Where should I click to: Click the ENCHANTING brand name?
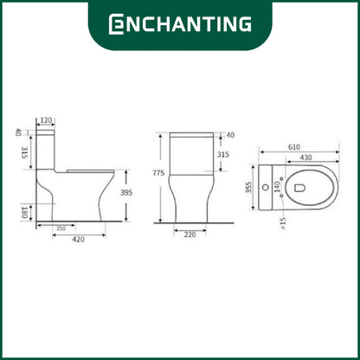click(x=180, y=23)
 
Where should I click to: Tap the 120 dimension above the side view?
click(x=46, y=120)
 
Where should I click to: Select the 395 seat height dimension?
click(x=126, y=192)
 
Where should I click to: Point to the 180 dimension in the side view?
click(x=24, y=212)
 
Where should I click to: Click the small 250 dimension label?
click(x=61, y=228)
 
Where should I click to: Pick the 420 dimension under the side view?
click(x=78, y=239)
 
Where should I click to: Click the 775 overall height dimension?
click(x=158, y=173)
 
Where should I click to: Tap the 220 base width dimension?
click(x=190, y=235)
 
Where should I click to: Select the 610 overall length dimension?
click(x=294, y=147)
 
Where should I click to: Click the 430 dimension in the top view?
click(x=305, y=157)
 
